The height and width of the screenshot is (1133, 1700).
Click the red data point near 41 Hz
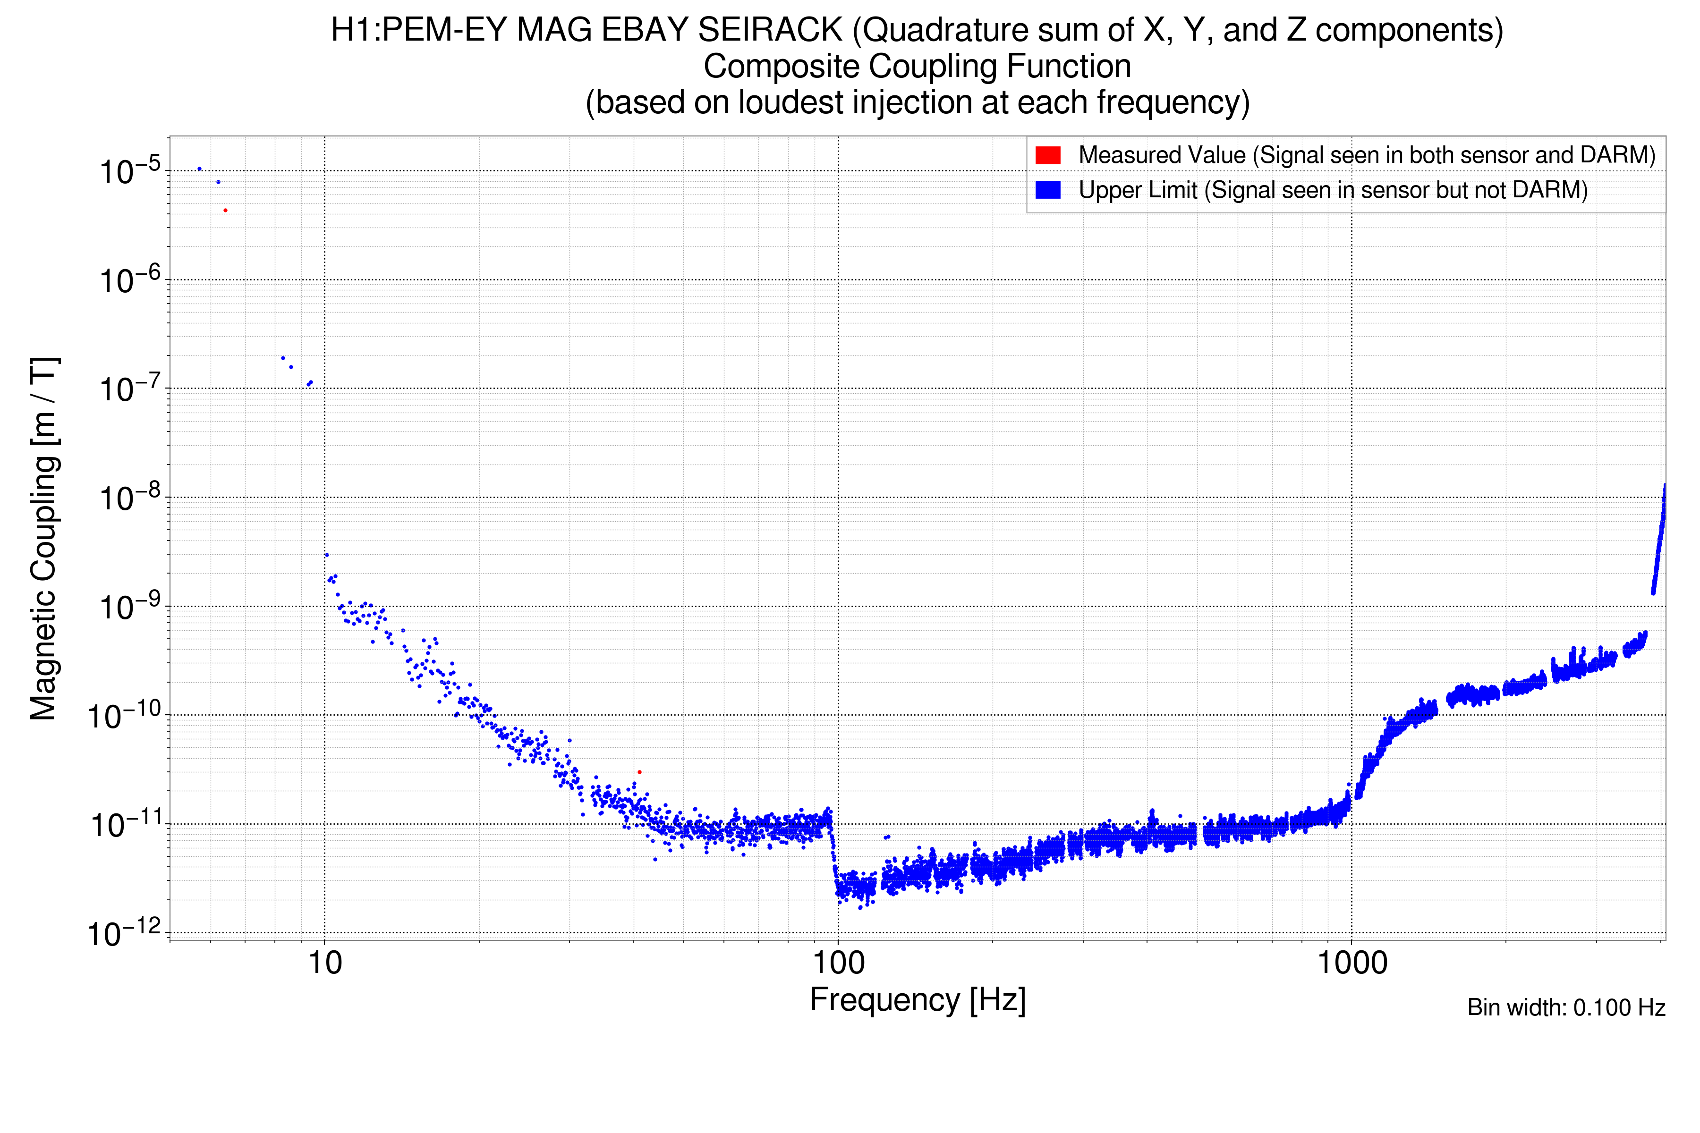(x=639, y=772)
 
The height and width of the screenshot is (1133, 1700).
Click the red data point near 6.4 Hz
(x=226, y=210)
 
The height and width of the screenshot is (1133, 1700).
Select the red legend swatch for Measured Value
(x=1047, y=155)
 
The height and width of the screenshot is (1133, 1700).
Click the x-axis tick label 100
(x=839, y=963)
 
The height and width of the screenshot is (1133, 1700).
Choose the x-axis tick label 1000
(x=1351, y=963)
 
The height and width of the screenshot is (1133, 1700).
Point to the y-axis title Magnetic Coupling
(x=43, y=538)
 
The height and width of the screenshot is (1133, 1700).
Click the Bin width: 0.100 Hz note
(x=1565, y=1007)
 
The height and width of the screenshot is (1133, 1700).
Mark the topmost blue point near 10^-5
(x=199, y=169)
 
